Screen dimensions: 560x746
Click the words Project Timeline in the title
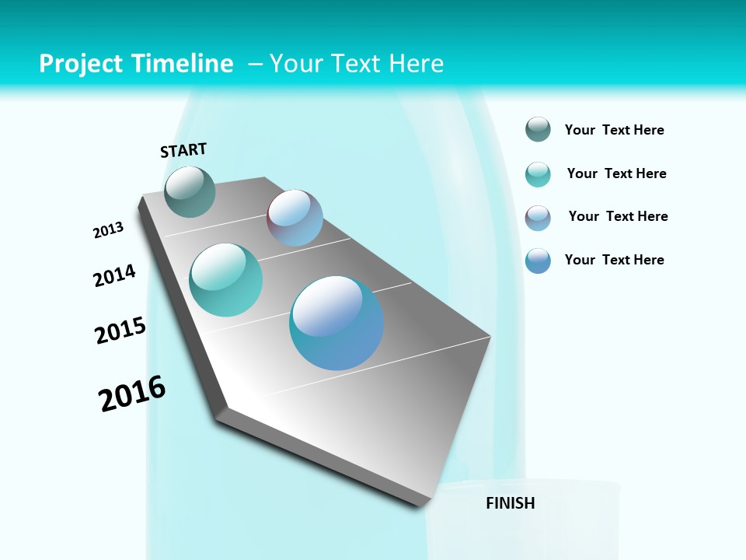(136, 64)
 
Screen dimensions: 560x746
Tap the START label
(183, 150)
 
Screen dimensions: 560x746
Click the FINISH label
(511, 503)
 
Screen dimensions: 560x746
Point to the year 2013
(108, 230)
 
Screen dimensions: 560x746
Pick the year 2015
(120, 331)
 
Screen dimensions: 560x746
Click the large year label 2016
(132, 394)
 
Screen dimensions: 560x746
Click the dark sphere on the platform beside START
(190, 191)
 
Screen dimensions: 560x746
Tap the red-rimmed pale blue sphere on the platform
(295, 218)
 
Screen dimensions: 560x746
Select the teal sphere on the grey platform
(225, 280)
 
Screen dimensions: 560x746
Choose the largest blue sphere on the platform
(336, 323)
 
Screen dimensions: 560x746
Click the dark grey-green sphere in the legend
(538, 130)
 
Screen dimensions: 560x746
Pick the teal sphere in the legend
(538, 174)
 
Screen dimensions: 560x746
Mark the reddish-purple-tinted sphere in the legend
(538, 218)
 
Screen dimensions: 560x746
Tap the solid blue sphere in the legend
(538, 261)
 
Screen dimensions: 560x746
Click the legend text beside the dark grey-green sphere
(614, 130)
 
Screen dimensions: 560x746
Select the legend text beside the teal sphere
(616, 173)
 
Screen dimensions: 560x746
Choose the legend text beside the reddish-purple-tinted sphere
(618, 216)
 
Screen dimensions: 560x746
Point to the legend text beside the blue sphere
(614, 260)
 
